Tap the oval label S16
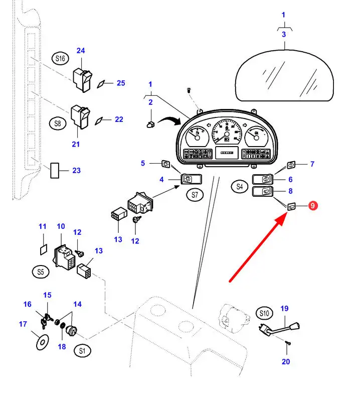[61, 59]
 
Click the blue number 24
[81, 50]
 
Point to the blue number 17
[23, 324]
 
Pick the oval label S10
[265, 314]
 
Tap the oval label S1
[82, 351]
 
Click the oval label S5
[41, 272]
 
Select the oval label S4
[240, 187]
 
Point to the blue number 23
[76, 171]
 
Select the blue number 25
[121, 83]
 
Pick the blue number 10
[61, 226]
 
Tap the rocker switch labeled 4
[192, 178]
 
